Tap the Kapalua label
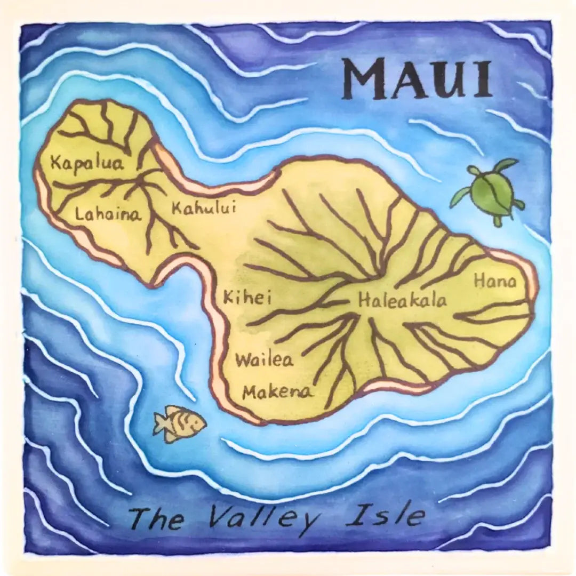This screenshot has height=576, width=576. click(x=86, y=162)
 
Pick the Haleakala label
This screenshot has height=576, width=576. click(x=402, y=300)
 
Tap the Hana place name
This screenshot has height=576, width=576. click(x=495, y=281)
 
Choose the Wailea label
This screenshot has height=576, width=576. click(x=265, y=360)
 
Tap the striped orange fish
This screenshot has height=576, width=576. click(x=180, y=424)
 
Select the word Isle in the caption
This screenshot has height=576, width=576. click(x=386, y=515)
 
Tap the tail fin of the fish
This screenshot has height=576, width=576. click(x=161, y=424)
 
